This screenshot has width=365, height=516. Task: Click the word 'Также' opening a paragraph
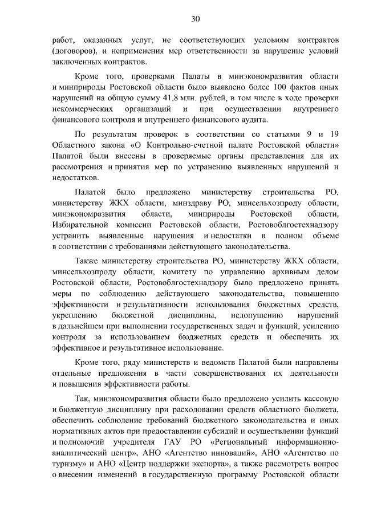pyautogui.click(x=87, y=261)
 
